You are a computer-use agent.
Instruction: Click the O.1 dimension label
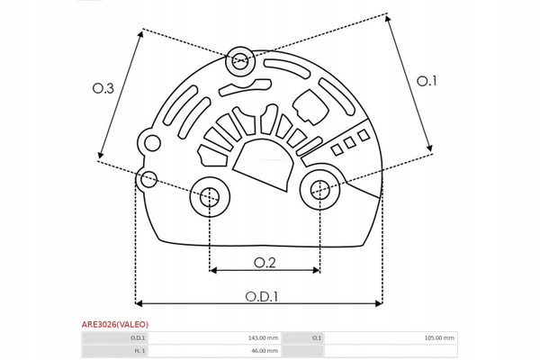(427, 81)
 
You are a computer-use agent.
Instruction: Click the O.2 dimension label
(265, 263)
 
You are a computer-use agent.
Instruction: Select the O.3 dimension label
(103, 88)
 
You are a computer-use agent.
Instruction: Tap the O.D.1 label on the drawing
(261, 297)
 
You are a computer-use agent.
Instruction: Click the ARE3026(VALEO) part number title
(115, 325)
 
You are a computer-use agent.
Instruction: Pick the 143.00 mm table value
(263, 338)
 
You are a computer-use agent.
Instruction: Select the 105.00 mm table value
(439, 338)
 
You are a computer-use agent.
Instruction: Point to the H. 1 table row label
(139, 351)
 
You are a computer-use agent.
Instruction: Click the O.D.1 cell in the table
(138, 338)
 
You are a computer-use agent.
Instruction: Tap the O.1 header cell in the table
(317, 338)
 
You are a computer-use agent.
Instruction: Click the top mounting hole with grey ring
(240, 61)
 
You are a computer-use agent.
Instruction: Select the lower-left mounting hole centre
(210, 197)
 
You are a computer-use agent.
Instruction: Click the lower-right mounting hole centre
(319, 190)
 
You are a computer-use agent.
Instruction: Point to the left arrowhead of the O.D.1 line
(139, 303)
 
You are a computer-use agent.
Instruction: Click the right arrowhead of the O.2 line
(317, 270)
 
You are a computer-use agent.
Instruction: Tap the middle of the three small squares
(350, 142)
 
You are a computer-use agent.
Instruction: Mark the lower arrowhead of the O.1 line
(428, 148)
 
